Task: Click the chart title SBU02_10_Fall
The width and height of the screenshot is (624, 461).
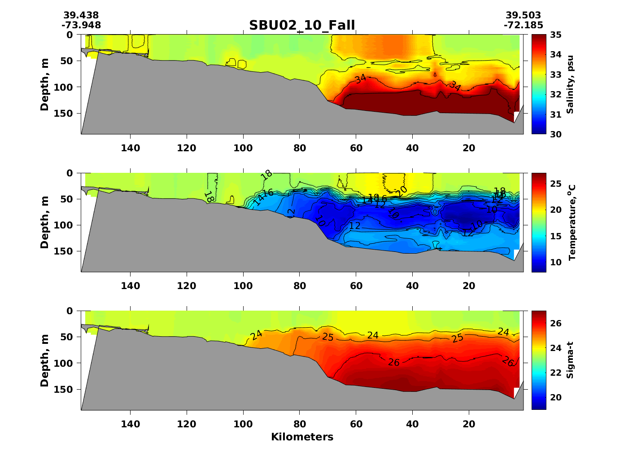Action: point(302,25)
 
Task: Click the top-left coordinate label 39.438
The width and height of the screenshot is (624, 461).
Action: point(81,16)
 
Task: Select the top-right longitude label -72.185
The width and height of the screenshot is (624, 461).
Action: point(523,25)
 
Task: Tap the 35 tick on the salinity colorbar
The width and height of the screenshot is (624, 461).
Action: point(556,35)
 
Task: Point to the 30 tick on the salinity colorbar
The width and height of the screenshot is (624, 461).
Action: point(556,134)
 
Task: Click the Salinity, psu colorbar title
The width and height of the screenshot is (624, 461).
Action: point(570,84)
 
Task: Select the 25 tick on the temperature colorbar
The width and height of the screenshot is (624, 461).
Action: point(556,184)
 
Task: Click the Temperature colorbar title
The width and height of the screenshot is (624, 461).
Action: point(572,223)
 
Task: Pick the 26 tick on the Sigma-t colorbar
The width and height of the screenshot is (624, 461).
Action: point(556,324)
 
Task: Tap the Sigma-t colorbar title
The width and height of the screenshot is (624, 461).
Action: point(570,360)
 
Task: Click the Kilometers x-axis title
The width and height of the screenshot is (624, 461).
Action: point(302,437)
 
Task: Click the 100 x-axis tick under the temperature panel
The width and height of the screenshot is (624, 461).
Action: point(243,286)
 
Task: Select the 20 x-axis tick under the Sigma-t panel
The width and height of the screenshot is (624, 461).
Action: point(469,424)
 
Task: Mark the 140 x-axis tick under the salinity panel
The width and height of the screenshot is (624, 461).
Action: point(130,148)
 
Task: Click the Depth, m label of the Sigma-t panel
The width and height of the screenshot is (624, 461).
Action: point(44,360)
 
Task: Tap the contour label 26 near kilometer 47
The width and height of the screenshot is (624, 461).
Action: point(394,362)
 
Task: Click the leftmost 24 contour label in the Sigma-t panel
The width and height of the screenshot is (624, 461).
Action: point(257,335)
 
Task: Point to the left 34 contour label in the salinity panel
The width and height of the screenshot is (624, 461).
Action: point(360,79)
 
